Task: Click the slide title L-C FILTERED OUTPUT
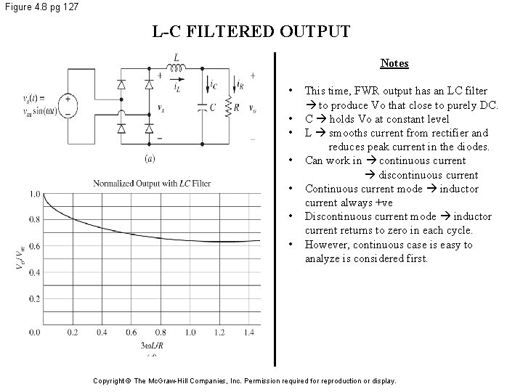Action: (x=251, y=32)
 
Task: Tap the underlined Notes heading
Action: (x=394, y=63)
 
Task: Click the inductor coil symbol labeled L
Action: (x=177, y=69)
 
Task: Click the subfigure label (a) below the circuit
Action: (x=150, y=158)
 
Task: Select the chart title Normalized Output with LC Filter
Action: (x=152, y=183)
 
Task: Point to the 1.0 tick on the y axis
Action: (x=35, y=194)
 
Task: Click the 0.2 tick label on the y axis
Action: (x=35, y=298)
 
